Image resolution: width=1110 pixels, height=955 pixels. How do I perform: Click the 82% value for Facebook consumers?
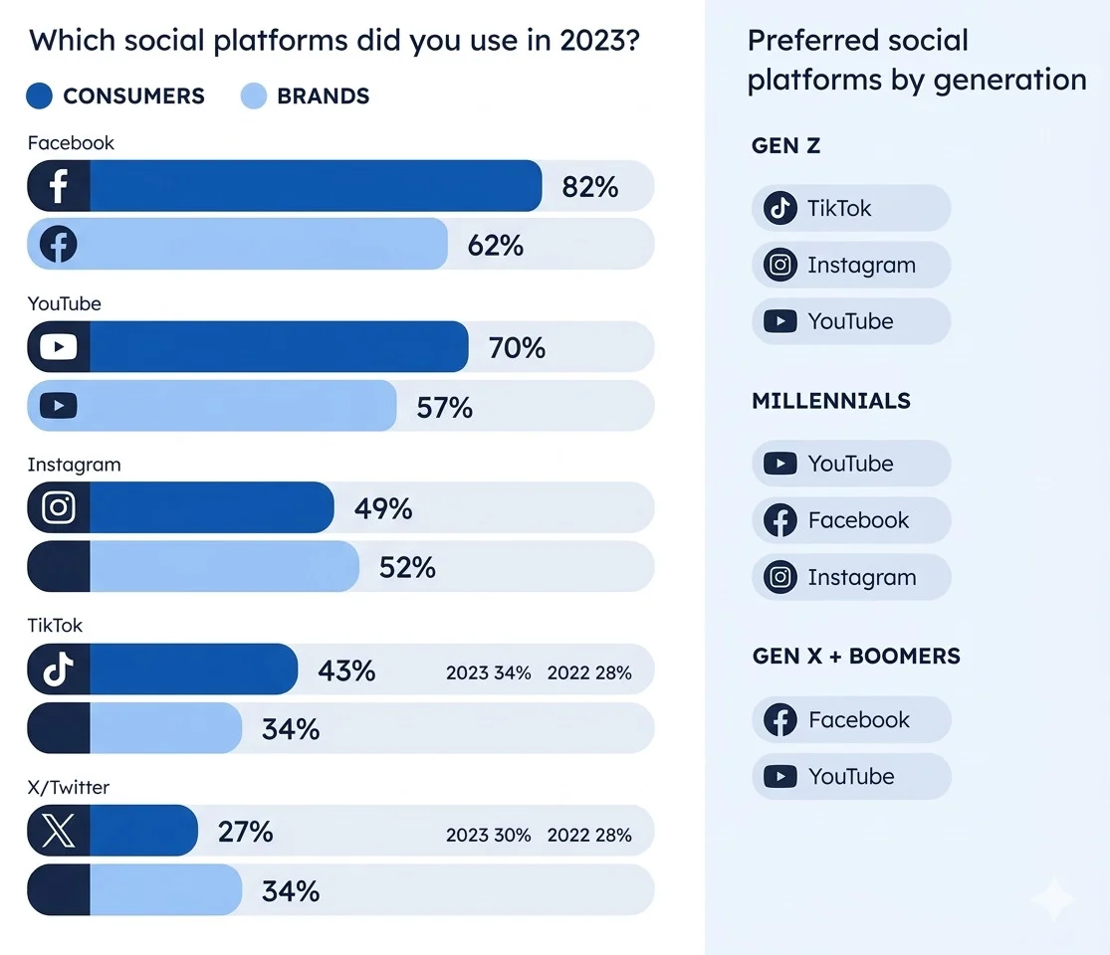pos(589,186)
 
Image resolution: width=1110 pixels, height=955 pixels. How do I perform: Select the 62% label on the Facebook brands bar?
pos(495,245)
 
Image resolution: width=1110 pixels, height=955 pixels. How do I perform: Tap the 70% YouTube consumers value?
pos(517,347)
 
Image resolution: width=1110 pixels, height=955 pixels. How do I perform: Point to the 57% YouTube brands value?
pos(444,407)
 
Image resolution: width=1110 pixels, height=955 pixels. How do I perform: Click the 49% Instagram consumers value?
pos(383,508)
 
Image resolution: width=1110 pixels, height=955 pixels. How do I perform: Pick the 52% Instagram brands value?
pos(407,567)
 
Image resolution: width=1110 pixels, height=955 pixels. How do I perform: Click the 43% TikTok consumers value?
pos(346,670)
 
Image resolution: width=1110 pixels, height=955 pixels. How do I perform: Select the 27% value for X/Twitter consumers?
pos(245,831)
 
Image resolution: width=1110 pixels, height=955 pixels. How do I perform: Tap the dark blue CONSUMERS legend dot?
pos(40,96)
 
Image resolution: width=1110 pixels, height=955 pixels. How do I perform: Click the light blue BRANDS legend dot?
pos(254,96)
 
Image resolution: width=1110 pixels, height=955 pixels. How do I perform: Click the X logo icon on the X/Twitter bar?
pos(59,831)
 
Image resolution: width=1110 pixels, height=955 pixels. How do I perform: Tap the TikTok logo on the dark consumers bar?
pos(59,669)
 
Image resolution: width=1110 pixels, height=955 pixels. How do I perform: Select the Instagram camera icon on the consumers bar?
pos(59,508)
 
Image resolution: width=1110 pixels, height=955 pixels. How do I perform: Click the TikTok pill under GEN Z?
pos(850,208)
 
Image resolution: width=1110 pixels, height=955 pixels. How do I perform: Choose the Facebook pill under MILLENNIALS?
pos(850,520)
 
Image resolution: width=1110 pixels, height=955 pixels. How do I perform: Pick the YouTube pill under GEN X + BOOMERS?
pos(850,776)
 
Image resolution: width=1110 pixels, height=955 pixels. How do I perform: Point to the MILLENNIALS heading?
pos(830,401)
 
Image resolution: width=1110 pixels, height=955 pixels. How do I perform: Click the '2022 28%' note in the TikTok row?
pos(589,672)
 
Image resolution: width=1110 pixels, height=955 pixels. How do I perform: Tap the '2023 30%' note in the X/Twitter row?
pos(488,835)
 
